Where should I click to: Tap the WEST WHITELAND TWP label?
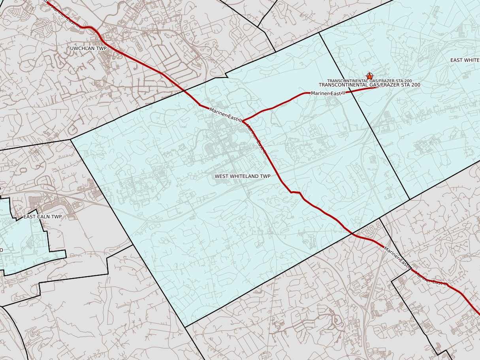pos(242,176)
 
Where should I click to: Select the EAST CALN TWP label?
pos(43,217)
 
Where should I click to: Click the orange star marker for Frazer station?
pos(369,76)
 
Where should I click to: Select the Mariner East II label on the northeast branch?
pos(328,93)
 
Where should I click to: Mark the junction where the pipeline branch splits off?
pos(242,120)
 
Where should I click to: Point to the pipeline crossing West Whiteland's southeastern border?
pos(351,234)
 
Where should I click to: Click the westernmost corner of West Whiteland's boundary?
pos(71,139)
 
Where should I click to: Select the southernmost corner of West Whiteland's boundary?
pos(185,327)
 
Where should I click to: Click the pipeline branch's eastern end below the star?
pos(378,87)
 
